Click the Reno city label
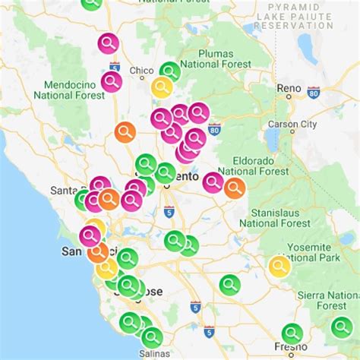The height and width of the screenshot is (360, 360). tap(289, 89)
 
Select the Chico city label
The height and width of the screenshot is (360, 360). tap(141, 71)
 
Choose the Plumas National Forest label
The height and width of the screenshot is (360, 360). tap(226, 59)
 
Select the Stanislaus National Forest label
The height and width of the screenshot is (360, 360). tap(274, 217)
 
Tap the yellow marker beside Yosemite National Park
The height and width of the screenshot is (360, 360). tap(279, 266)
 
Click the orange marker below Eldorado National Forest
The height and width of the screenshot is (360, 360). tap(235, 188)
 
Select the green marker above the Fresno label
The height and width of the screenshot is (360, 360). tap(292, 333)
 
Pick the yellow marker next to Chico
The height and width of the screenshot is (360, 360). tap(162, 87)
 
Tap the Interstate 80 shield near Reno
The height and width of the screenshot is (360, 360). tap(314, 91)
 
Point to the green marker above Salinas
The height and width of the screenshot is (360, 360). tap(152, 336)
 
